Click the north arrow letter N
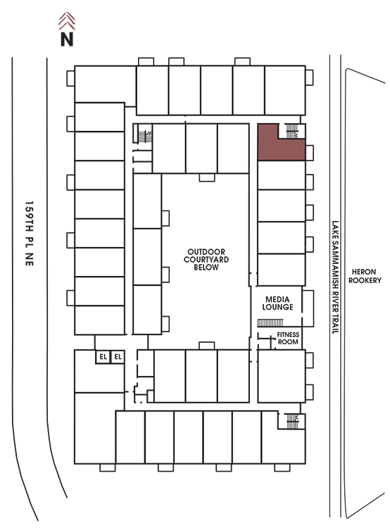[67, 39]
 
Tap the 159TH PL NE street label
[30, 233]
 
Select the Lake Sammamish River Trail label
[335, 277]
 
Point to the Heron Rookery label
[365, 276]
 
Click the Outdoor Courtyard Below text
[206, 259]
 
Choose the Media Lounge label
[277, 303]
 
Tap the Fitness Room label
[288, 338]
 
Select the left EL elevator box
[103, 357]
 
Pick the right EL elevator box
[118, 357]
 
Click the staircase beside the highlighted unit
[291, 131]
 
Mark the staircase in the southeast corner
[292, 421]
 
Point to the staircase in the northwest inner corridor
[145, 137]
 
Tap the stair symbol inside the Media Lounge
[270, 323]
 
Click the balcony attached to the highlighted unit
[310, 153]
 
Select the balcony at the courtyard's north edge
[207, 177]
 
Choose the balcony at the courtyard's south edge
[207, 346]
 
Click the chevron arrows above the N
[67, 21]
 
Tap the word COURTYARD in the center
[206, 259]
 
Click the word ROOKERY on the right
[365, 280]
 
